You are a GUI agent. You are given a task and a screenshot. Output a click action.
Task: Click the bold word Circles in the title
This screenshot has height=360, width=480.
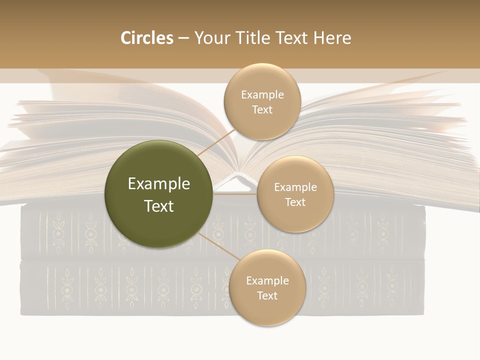tap(146, 38)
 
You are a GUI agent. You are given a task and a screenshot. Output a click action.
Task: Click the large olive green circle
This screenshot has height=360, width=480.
tap(158, 194)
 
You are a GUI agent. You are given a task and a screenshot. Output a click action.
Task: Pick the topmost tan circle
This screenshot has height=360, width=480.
tap(262, 101)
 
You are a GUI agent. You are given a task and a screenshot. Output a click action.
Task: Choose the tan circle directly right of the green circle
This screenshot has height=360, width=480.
tap(295, 194)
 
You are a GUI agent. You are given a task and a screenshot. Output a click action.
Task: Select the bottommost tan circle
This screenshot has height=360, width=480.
tap(267, 287)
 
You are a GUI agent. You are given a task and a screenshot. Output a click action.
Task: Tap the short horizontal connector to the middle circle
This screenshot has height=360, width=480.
tap(235, 194)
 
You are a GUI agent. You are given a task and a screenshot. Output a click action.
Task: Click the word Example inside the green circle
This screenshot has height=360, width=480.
tap(159, 183)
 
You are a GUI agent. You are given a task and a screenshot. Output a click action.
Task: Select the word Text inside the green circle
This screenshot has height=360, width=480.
tap(159, 205)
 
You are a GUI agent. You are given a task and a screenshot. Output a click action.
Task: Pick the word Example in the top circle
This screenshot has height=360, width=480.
tap(262, 94)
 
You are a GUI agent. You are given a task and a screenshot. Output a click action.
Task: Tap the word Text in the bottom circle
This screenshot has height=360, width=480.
tap(267, 295)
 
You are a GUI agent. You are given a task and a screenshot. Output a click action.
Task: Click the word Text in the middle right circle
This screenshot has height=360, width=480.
tap(295, 202)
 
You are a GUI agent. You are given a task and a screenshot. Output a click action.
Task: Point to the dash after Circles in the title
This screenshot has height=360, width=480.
tap(183, 38)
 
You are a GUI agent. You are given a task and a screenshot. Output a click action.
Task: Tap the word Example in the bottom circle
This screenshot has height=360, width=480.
tap(267, 280)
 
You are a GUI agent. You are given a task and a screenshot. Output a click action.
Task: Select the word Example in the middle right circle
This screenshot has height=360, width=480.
tap(295, 187)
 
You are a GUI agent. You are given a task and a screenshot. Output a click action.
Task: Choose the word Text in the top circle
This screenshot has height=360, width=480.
tap(262, 109)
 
